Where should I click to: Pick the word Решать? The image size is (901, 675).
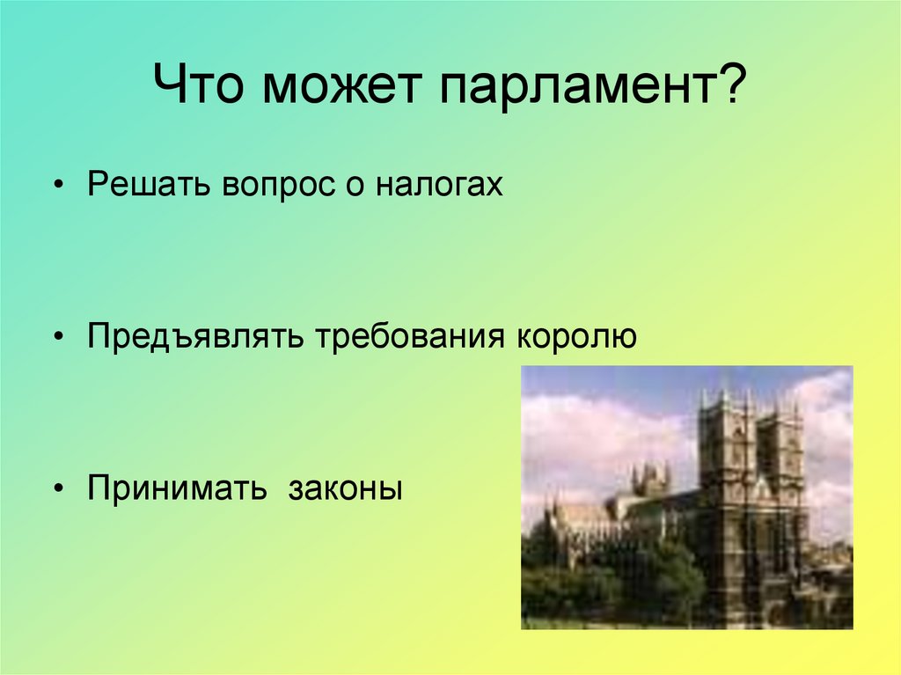(x=147, y=187)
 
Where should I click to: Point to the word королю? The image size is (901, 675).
(x=576, y=337)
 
